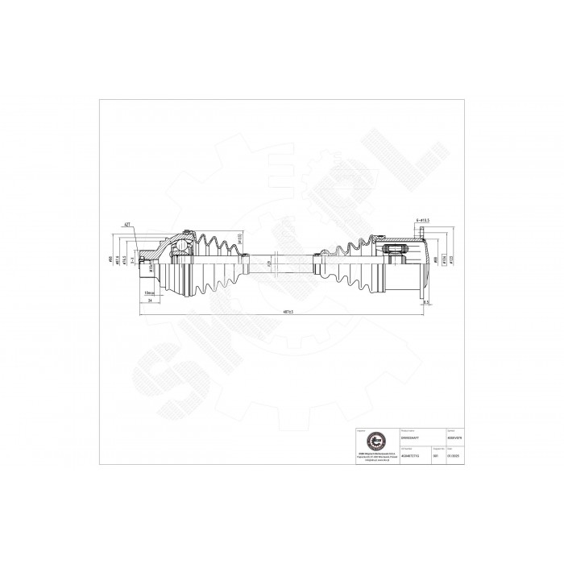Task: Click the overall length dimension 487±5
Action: tap(281, 314)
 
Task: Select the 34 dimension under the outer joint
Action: tap(150, 301)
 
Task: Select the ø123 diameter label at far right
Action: tap(439, 259)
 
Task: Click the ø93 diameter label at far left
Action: tap(110, 259)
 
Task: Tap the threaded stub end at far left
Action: tap(143, 259)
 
